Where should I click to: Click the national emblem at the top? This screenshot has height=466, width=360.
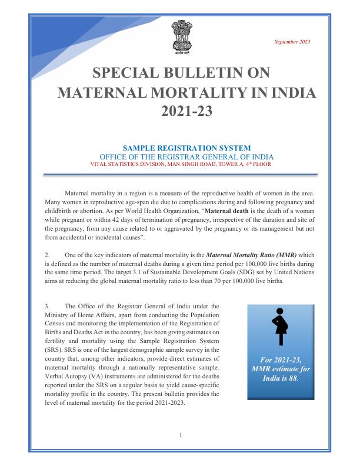pyautogui.click(x=181, y=36)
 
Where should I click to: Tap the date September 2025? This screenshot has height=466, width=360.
pyautogui.click(x=292, y=42)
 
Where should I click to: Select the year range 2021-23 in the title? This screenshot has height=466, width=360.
pyautogui.click(x=186, y=111)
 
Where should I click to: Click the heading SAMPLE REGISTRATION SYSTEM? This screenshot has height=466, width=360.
pyautogui.click(x=186, y=148)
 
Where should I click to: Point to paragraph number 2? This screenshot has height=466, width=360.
pyautogui.click(x=47, y=255)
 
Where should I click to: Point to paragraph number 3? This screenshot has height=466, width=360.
pyautogui.click(x=47, y=306)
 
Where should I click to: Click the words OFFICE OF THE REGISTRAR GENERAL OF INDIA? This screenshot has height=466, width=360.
pyautogui.click(x=186, y=157)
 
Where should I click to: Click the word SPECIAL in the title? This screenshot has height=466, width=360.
pyautogui.click(x=122, y=73)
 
